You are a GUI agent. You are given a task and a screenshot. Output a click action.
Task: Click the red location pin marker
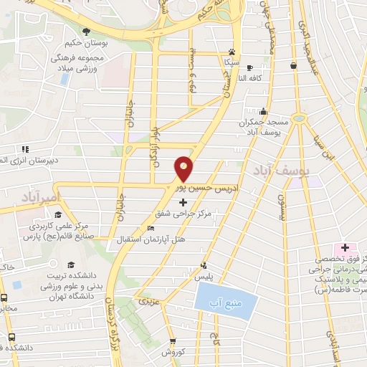tap(184, 169)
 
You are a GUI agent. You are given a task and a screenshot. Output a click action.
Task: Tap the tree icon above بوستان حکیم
tap(86, 31)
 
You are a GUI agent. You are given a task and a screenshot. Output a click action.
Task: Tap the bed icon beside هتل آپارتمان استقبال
tap(149, 228)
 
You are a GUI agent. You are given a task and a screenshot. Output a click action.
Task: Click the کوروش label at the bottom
tap(173, 353)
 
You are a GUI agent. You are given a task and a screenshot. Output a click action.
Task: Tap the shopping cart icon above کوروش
tap(172, 342)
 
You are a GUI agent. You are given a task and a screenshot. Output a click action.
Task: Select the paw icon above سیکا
tap(232, 52)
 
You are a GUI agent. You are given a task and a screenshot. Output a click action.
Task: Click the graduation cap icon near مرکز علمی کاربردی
tap(57, 214)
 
